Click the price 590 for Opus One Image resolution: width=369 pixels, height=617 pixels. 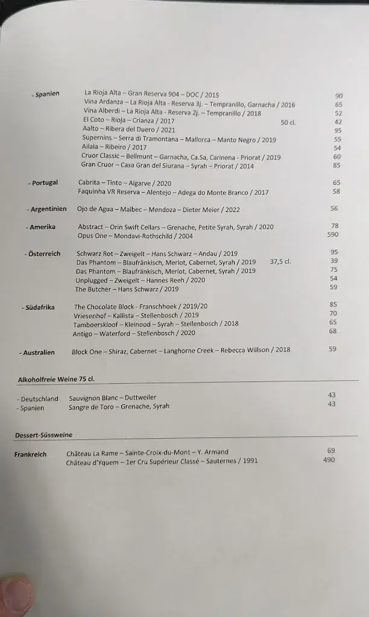click(332, 235)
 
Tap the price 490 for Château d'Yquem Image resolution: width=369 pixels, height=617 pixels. click(329, 460)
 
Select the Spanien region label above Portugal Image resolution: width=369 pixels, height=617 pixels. click(46, 94)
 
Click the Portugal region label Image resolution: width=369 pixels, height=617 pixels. click(44, 183)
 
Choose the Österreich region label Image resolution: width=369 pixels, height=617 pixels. click(43, 254)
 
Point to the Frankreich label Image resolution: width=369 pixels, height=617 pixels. click(30, 454)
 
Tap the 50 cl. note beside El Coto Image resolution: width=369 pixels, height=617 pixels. click(289, 122)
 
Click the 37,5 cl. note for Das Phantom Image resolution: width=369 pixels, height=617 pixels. click(280, 262)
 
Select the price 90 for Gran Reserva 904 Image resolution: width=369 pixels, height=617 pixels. click(339, 96)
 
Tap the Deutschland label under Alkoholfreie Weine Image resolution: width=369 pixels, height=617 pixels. click(39, 399)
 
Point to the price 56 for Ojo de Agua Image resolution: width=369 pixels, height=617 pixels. click(334, 208)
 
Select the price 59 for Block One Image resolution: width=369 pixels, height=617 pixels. click(333, 349)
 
